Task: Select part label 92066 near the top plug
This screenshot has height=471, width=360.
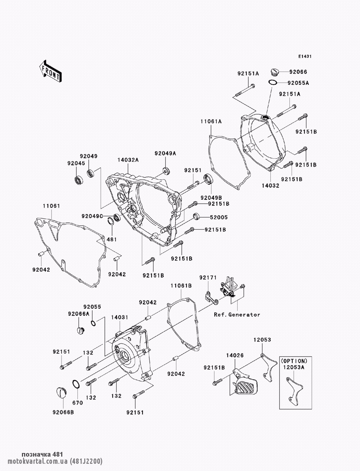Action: click(x=298, y=72)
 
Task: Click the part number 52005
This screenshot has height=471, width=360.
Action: click(x=219, y=217)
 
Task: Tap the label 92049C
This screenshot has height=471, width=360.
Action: click(x=92, y=216)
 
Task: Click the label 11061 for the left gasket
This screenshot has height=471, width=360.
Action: click(x=51, y=206)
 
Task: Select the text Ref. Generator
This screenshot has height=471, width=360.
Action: click(x=237, y=314)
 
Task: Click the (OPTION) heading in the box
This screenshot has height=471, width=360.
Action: click(x=294, y=361)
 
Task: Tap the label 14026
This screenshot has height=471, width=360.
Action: click(x=235, y=355)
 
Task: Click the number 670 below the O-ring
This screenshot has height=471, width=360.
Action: click(x=77, y=403)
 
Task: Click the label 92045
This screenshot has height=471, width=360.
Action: click(x=76, y=163)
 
